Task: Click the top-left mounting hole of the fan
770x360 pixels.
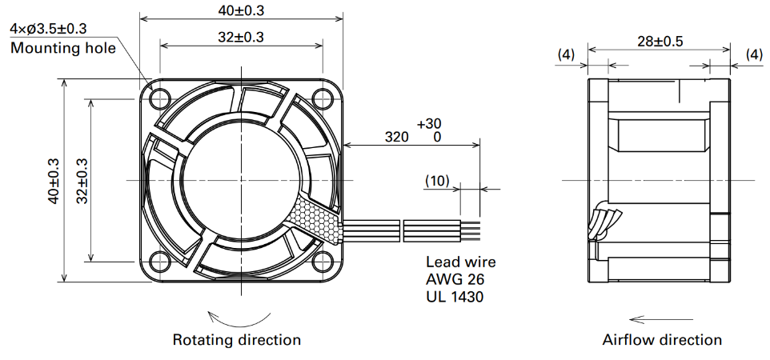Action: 160,98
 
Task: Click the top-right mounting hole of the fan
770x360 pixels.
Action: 323,98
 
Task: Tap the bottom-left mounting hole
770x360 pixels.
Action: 160,262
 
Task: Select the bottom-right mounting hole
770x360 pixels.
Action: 323,262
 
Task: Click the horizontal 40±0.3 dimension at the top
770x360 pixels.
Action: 240,11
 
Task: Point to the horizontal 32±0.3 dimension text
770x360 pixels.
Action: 240,37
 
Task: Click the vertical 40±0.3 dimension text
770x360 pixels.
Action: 53,180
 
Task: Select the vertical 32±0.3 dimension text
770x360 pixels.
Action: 82,180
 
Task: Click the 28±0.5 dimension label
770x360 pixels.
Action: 660,42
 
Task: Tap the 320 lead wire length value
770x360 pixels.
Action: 396,137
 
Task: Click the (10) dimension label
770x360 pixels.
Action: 437,182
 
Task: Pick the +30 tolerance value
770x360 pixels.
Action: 429,124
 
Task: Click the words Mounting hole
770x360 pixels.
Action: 63,48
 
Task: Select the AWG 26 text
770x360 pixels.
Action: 455,279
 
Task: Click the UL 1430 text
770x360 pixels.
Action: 455,297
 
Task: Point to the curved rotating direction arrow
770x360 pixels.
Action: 239,322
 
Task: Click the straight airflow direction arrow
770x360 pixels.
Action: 661,319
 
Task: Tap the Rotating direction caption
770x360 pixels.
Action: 237,339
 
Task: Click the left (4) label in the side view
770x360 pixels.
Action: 566,54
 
